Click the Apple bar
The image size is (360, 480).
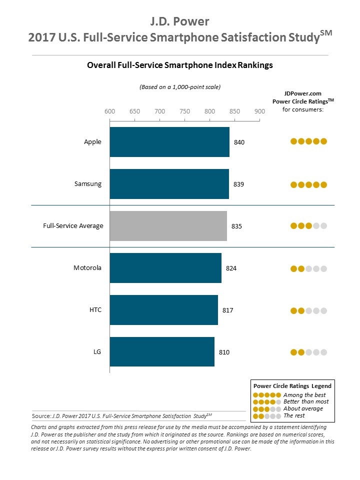(x=169, y=142)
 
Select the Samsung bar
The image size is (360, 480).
(x=169, y=184)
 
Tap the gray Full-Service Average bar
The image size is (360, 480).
(x=168, y=226)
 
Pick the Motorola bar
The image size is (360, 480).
(x=165, y=268)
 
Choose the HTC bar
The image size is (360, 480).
(x=164, y=310)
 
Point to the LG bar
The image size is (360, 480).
(x=162, y=352)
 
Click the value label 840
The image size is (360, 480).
(x=239, y=142)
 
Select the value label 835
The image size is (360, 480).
(x=237, y=226)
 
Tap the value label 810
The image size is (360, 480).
(x=224, y=352)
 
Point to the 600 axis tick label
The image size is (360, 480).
(x=109, y=111)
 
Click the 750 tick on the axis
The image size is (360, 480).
(x=184, y=111)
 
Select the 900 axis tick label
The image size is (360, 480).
(x=259, y=111)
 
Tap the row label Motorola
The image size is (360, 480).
(x=87, y=268)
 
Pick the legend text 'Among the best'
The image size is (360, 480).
(x=304, y=395)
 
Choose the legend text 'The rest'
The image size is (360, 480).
(x=294, y=415)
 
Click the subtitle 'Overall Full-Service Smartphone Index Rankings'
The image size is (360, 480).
(x=180, y=65)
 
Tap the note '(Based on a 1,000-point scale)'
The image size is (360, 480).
(x=180, y=87)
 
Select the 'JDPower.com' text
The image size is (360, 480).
(x=303, y=93)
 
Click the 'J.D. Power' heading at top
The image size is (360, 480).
(x=180, y=21)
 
